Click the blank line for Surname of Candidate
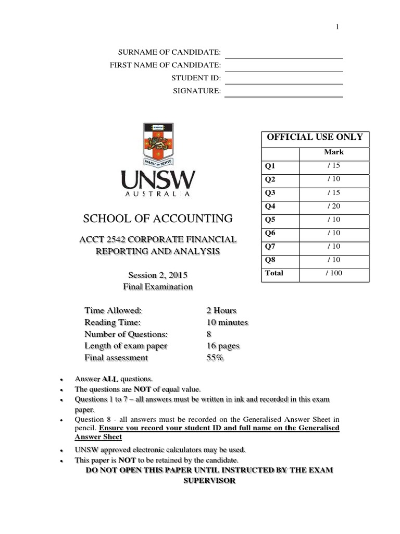[x=283, y=57]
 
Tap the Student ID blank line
[x=283, y=83]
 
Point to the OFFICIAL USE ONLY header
[x=315, y=138]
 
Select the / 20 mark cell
[x=334, y=205]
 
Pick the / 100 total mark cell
[x=333, y=273]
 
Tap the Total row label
[x=274, y=273]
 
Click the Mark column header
[x=334, y=152]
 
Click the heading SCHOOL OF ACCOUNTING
[x=158, y=218]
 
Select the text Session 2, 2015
[x=157, y=275]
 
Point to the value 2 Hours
[x=221, y=310]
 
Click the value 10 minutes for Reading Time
[x=227, y=322]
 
